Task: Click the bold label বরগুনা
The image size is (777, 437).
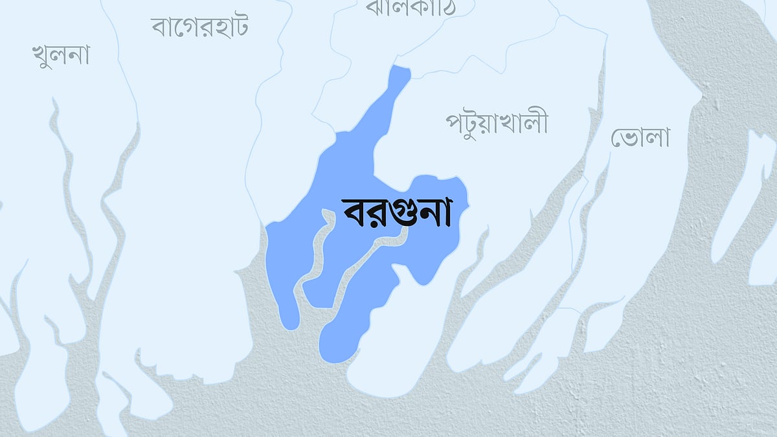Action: pyautogui.click(x=396, y=212)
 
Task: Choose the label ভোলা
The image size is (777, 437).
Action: pyautogui.click(x=640, y=137)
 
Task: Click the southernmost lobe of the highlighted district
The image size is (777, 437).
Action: pyautogui.click(x=337, y=346)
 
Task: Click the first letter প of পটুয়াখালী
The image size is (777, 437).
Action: pyautogui.click(x=455, y=122)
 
